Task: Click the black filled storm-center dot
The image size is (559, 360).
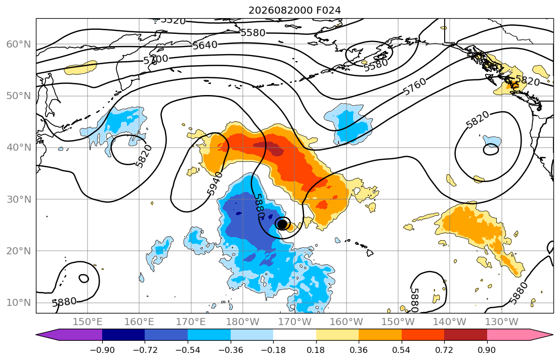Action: [282, 224]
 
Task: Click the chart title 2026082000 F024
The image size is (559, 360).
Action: [294, 10]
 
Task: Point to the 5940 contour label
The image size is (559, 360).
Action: [215, 183]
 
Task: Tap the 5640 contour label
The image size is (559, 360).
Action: [205, 46]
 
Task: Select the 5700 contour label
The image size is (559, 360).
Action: [156, 59]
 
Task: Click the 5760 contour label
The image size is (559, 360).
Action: [415, 86]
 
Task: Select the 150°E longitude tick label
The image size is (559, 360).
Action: [88, 322]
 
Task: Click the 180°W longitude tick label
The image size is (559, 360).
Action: [243, 322]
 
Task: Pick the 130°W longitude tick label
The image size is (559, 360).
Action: [502, 322]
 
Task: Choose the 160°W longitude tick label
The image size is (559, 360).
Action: [347, 322]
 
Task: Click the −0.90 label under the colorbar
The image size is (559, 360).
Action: [102, 350]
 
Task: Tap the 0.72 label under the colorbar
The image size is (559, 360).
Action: [444, 350]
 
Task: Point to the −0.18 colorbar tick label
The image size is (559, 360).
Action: [274, 350]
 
